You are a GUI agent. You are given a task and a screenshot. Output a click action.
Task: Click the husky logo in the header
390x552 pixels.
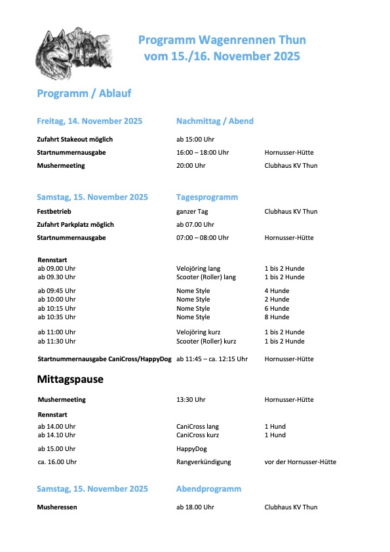tap(73, 52)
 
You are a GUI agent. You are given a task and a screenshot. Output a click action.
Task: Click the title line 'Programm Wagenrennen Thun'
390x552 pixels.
tap(222, 40)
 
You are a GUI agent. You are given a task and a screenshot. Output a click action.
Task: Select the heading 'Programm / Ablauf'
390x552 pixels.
tap(84, 93)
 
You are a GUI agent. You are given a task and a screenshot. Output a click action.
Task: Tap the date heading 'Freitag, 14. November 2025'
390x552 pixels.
tap(90, 121)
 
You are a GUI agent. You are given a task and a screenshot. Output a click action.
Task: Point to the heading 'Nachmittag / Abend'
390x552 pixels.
tap(214, 121)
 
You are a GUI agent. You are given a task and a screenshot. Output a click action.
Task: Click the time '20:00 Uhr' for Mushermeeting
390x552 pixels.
tap(191, 166)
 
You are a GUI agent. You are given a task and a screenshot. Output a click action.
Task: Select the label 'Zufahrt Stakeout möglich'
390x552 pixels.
tap(75, 140)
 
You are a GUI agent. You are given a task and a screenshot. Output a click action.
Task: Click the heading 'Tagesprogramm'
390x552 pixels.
tap(206, 197)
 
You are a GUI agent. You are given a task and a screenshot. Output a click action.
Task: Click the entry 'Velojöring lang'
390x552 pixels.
tap(198, 269)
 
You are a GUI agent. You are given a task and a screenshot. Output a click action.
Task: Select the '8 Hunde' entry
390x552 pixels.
tap(277, 317)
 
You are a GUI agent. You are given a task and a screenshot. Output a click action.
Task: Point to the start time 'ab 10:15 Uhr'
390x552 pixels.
tap(56, 309)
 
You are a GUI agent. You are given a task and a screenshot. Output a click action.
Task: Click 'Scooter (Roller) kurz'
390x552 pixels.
tap(206, 342)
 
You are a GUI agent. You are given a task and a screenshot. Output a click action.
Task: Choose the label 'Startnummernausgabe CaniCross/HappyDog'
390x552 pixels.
tap(104, 359)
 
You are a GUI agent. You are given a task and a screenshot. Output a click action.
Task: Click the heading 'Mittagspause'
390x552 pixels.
tap(70, 380)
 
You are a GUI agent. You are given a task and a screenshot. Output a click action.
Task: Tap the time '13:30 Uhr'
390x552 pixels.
tap(191, 400)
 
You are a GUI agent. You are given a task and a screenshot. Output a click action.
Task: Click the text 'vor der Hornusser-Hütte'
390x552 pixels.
tap(300, 462)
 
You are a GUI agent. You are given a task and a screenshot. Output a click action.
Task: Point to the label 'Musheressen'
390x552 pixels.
tap(58, 507)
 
